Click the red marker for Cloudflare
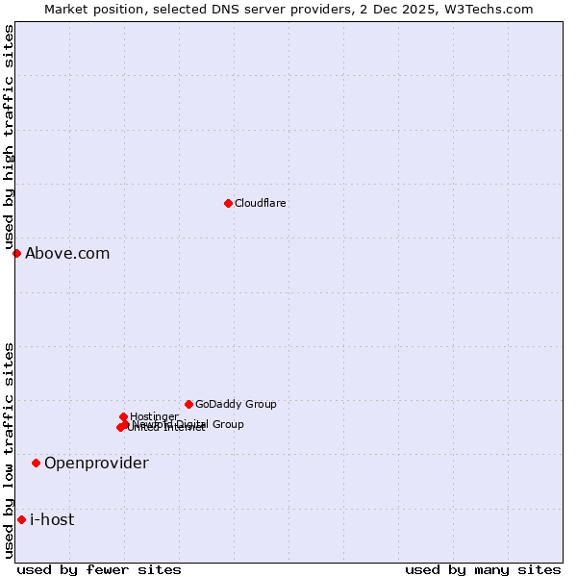228,203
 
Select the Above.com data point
16,253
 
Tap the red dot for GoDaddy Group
188,404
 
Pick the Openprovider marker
36,463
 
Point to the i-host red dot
21,519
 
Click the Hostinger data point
123,416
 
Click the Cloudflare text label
260,203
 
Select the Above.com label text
67,253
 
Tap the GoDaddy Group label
236,404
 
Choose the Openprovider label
96,463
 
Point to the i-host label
52,519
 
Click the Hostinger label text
154,416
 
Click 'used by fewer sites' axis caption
99,569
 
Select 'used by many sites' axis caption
483,569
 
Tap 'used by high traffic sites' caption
10,138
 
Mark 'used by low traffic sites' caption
10,449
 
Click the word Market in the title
66,9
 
